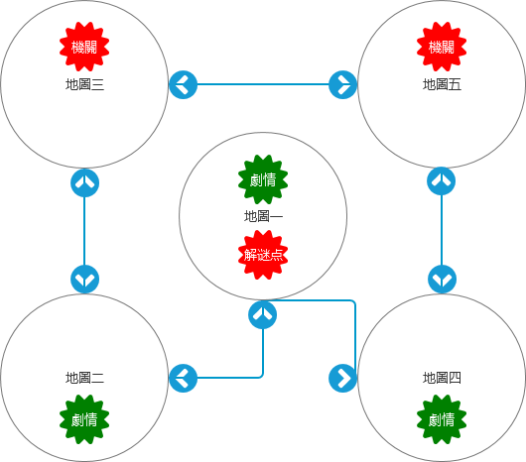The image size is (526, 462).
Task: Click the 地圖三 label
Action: point(84,84)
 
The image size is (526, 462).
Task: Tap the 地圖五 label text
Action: point(442,84)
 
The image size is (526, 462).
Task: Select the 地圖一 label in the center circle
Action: point(263,216)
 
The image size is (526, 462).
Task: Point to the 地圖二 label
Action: point(84,378)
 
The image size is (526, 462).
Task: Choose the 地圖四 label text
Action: point(442,378)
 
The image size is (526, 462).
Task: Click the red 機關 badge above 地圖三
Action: point(84,47)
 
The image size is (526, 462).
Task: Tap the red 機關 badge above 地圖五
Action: point(442,47)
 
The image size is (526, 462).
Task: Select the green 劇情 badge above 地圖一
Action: point(263,179)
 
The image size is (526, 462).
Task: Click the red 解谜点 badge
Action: point(263,255)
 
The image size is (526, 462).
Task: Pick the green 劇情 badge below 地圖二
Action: point(84,419)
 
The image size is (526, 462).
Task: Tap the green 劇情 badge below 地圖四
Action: point(442,419)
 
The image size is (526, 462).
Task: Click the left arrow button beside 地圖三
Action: point(184,84)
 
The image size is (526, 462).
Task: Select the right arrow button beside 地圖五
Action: point(342,84)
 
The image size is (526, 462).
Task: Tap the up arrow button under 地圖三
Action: point(85,183)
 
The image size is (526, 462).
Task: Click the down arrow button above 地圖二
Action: point(85,279)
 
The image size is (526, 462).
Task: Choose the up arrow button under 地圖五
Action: point(441,180)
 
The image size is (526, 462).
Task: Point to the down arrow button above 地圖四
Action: point(442,279)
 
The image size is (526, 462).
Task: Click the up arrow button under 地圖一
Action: point(263,315)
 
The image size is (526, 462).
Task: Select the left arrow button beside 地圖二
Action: point(184,379)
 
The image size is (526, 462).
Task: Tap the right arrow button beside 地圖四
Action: point(342,379)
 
